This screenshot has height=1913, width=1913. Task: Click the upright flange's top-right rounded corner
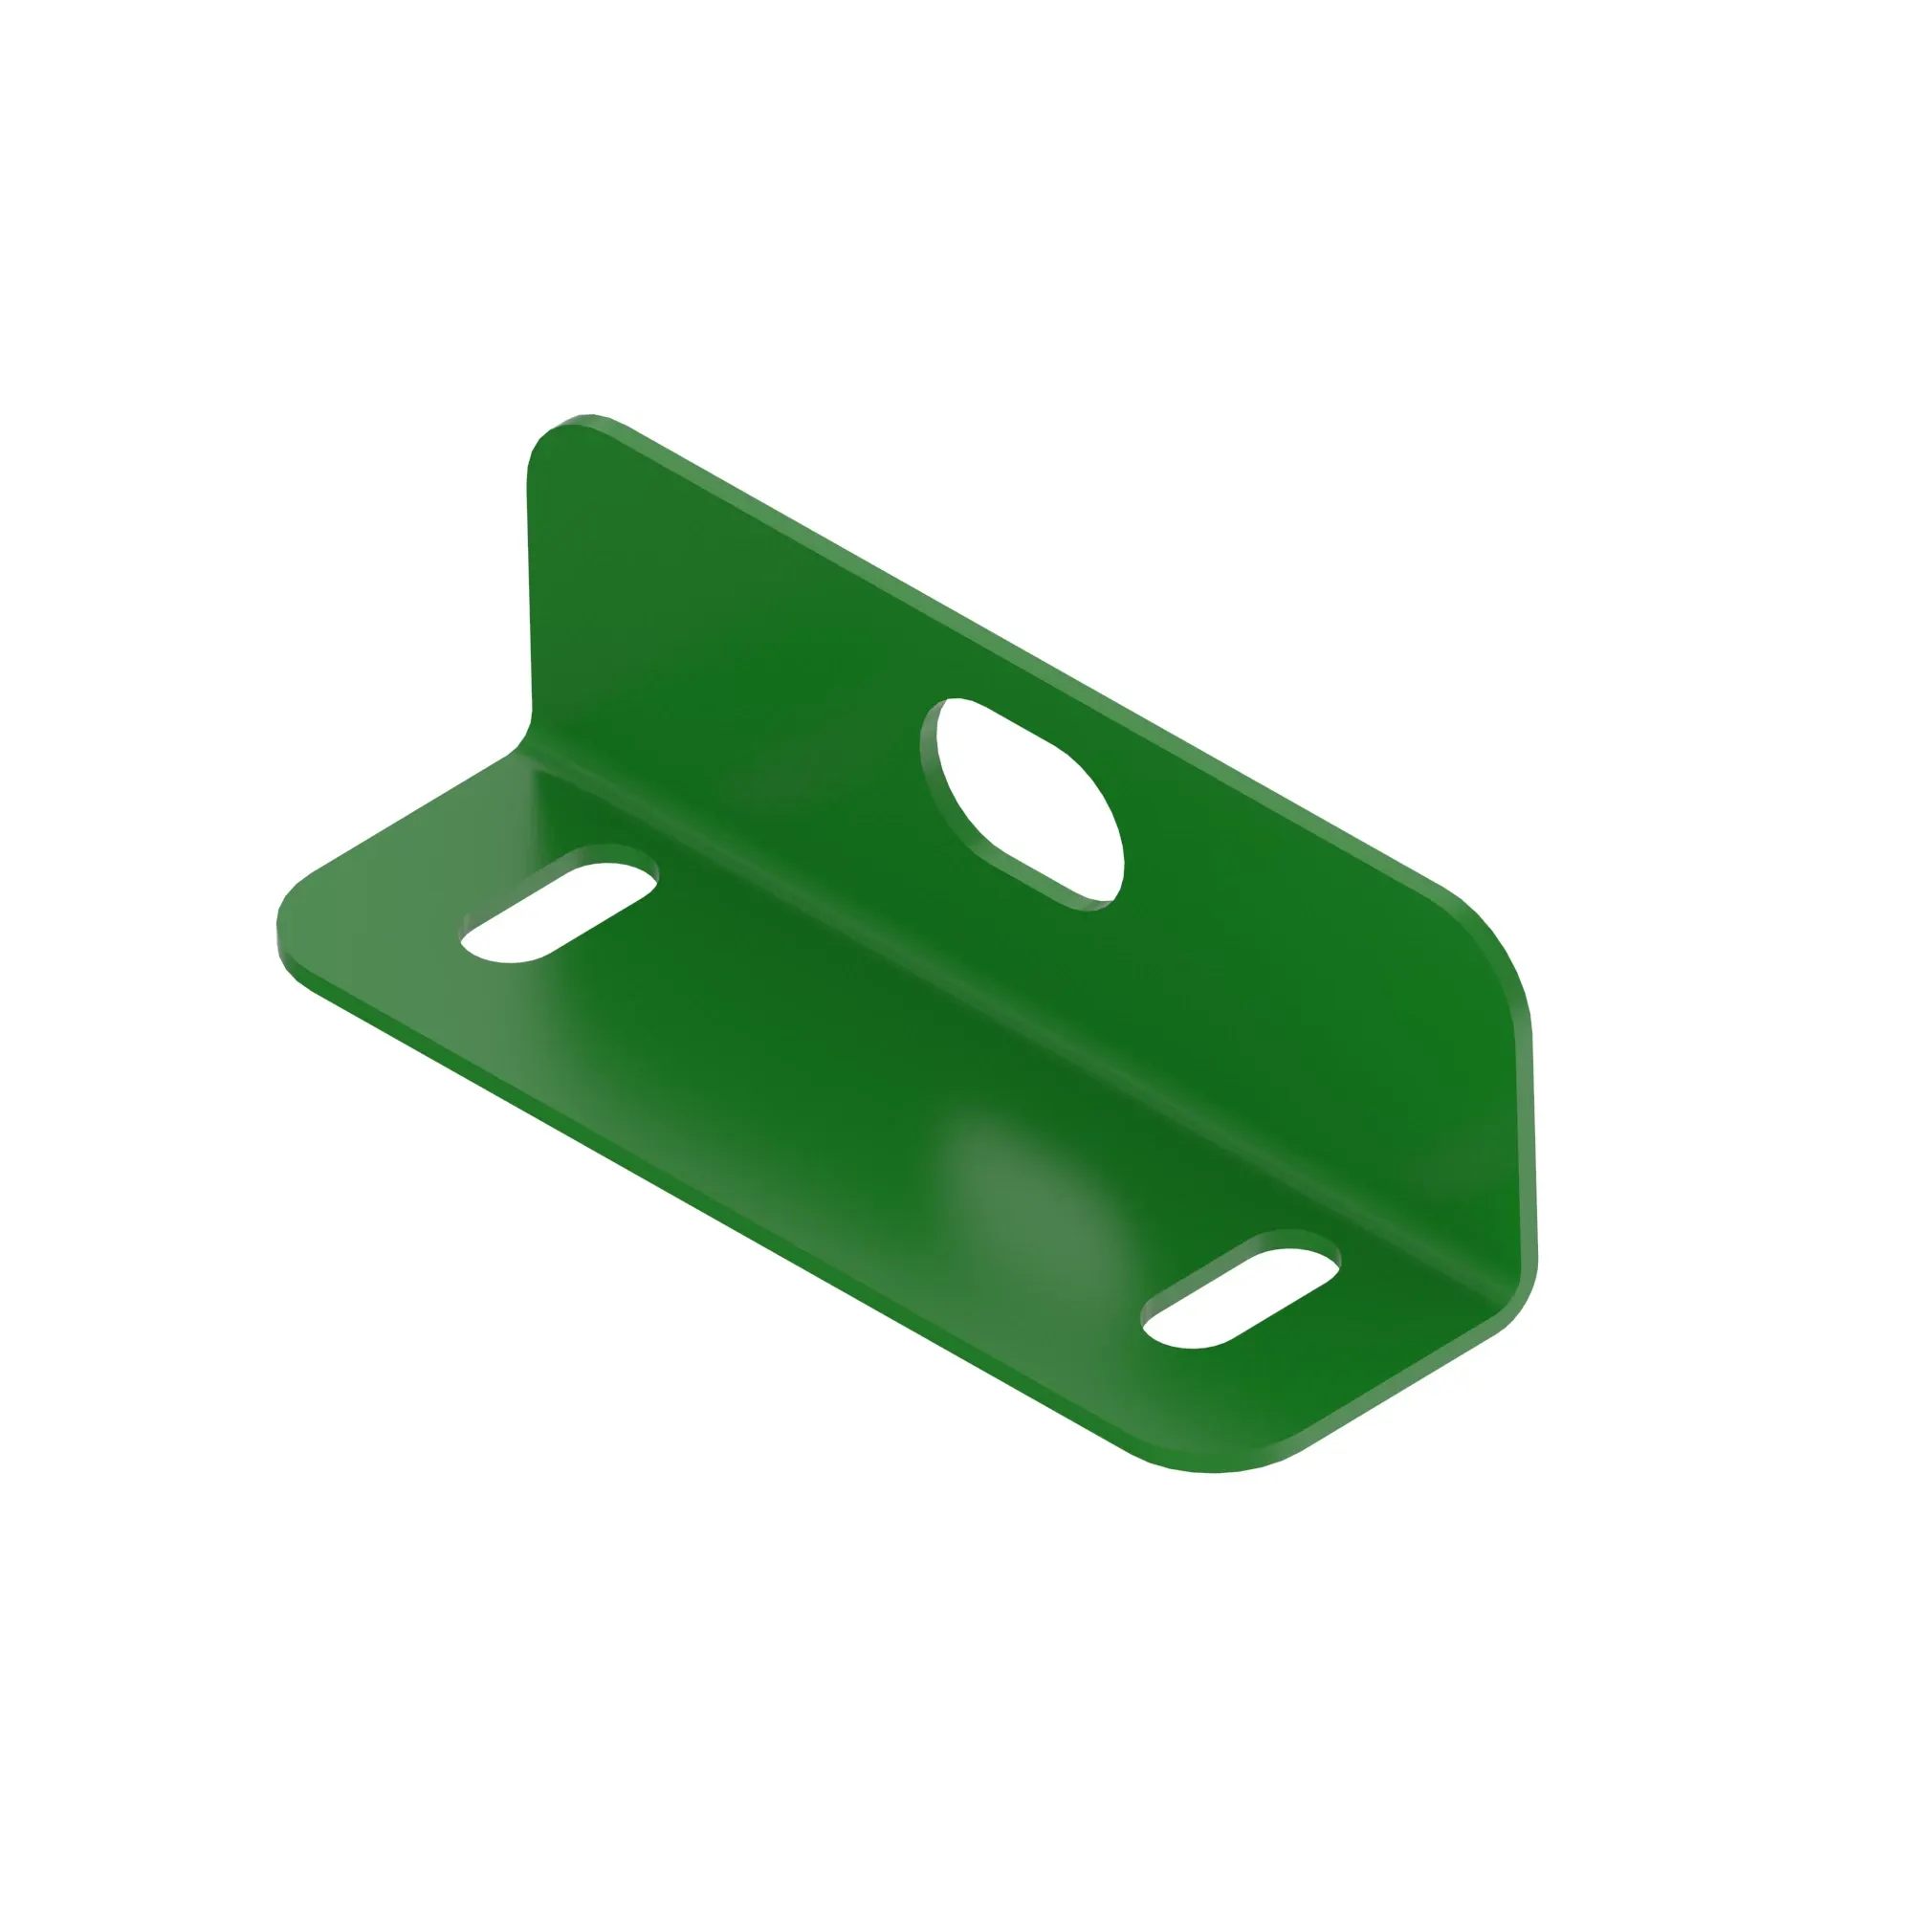point(1485,940)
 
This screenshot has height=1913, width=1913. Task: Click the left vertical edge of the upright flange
point(530,594)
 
